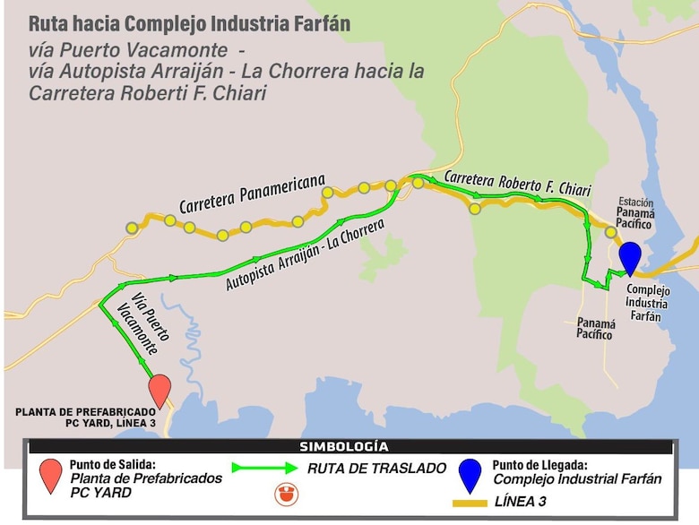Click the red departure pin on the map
click(x=160, y=390)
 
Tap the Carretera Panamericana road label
click(x=251, y=192)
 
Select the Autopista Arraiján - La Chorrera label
click(x=305, y=257)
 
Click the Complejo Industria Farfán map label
click(x=643, y=303)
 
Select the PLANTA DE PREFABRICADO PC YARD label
click(x=85, y=417)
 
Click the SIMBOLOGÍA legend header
click(x=349, y=446)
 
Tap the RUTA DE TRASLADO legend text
click(x=376, y=467)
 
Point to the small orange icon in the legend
click(x=289, y=493)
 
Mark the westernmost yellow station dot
click(x=132, y=228)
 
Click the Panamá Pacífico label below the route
click(x=596, y=329)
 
